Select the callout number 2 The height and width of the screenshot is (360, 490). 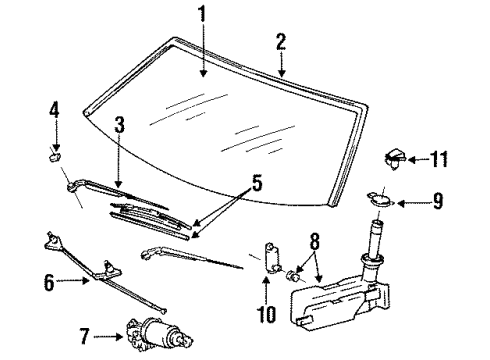tap(281, 41)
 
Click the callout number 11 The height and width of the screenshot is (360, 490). tap(441, 157)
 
